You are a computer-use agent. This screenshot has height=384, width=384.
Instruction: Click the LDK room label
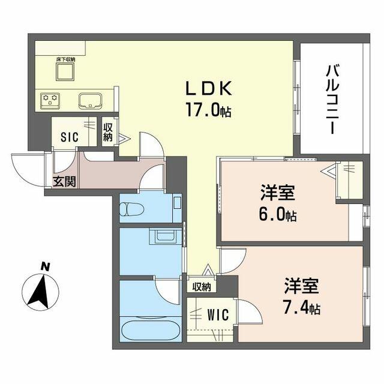coord(209,88)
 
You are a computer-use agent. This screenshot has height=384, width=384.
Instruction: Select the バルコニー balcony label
coord(332,100)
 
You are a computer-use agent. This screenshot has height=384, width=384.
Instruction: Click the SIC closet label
coord(70,137)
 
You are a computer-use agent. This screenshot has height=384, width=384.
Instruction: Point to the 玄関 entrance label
coord(64,181)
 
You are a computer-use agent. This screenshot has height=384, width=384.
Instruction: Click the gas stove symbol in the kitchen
coord(50,100)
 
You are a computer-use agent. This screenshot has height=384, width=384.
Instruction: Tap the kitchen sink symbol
coord(91,101)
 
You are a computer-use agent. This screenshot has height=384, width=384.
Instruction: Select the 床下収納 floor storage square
coord(65,71)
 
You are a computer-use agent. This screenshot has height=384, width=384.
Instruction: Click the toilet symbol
coord(131,209)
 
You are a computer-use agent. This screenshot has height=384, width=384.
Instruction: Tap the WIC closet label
coord(218,314)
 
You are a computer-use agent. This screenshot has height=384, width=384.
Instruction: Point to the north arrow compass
coord(40,293)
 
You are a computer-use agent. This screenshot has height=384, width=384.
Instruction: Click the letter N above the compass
coord(45,266)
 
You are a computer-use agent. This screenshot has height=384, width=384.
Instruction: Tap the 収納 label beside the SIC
coord(108,132)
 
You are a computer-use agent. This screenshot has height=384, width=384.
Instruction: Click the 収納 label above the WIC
coord(202,287)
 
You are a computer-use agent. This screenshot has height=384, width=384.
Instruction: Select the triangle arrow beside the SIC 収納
coord(124,139)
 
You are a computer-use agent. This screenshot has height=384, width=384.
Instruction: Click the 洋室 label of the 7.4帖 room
coord(301,286)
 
